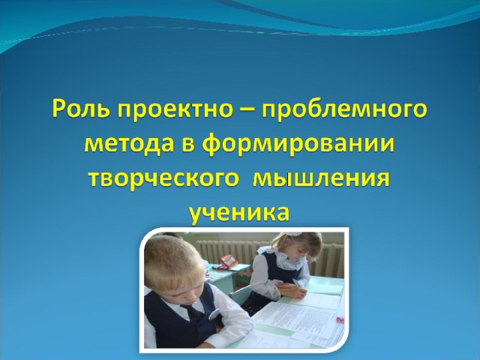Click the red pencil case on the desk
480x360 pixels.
pos(229,261)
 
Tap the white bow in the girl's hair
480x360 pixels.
pos(293,233)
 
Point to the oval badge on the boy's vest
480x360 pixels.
pos(214,313)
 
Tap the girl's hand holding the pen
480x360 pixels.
pos(295,291)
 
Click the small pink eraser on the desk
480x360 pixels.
pos(340,320)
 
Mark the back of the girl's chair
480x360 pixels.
pos(240,295)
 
